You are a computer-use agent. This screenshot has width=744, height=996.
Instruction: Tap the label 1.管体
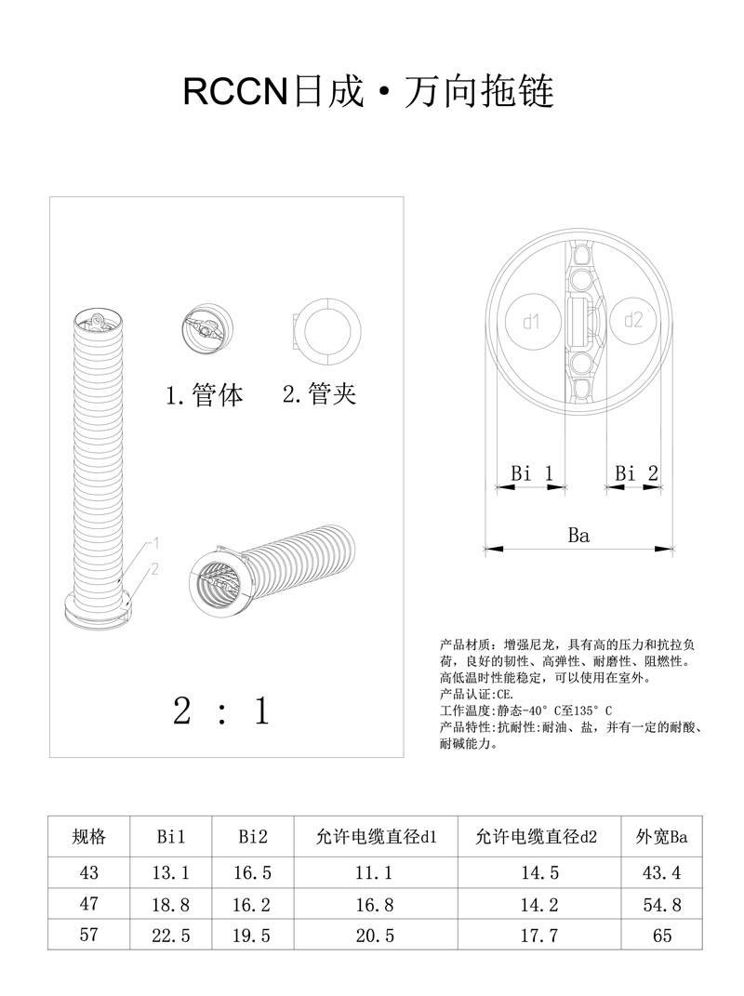[205, 395]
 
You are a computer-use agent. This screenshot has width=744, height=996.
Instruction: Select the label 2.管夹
[319, 394]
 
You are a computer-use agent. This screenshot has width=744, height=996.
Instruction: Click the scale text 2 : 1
[221, 711]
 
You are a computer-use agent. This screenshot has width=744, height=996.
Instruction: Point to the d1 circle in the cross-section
[531, 322]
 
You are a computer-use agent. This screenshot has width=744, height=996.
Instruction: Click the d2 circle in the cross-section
[633, 321]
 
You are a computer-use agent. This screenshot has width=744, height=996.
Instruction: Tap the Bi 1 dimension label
[532, 473]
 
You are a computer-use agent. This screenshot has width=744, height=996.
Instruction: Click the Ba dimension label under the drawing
[578, 535]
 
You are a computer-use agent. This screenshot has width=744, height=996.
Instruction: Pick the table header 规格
[89, 837]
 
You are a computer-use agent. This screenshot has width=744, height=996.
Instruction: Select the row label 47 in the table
[89, 904]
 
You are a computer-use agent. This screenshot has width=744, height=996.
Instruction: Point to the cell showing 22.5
[171, 936]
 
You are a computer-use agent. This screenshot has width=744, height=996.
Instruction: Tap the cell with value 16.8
[375, 904]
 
